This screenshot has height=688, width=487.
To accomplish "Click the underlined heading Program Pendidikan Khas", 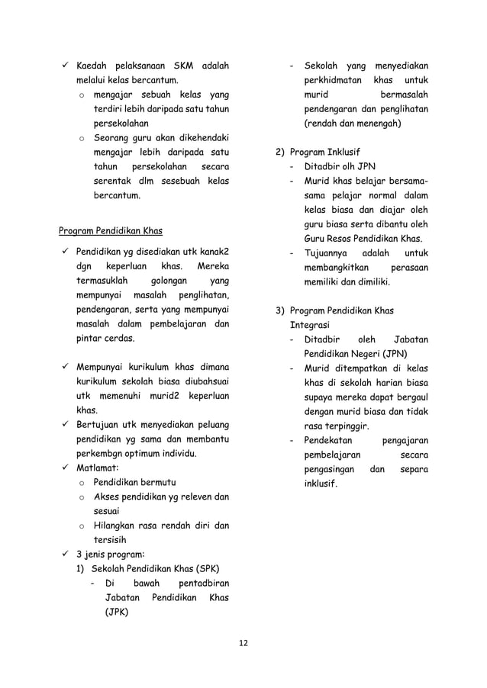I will click(x=111, y=230).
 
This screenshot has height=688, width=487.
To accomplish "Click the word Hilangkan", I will click(x=118, y=526).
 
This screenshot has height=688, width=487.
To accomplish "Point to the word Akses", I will click(x=107, y=497).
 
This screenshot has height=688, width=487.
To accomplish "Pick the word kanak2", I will click(x=214, y=251).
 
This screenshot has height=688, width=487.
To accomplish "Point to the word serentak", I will click(x=116, y=180).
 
